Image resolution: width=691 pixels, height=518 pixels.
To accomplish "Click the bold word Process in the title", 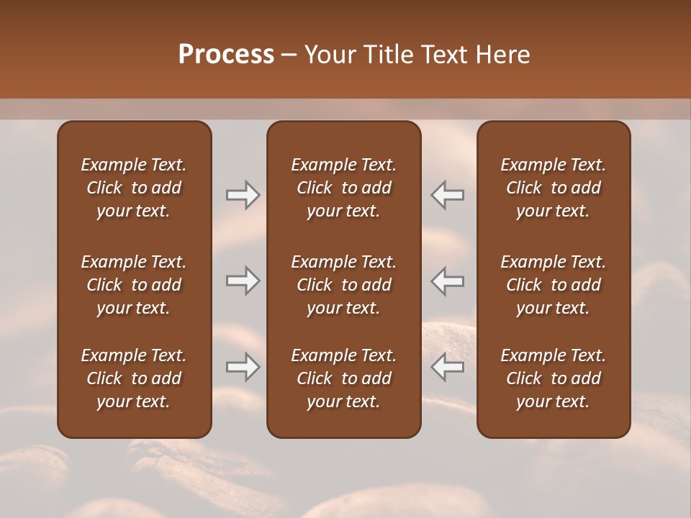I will (x=226, y=55).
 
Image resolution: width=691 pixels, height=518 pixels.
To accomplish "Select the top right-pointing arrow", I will (x=243, y=195).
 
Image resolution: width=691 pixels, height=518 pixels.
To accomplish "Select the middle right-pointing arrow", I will (x=243, y=281).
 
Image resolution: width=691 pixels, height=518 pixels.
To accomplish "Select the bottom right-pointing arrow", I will (x=243, y=368).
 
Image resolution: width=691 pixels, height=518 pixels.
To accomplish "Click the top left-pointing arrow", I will (x=448, y=195).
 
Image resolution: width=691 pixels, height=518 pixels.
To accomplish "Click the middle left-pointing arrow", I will (x=448, y=281).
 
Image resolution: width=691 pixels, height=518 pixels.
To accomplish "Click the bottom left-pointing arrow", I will (x=448, y=368).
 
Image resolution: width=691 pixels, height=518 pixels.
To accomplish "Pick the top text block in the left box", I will (x=134, y=188).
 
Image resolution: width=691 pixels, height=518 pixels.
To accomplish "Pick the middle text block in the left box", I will (x=134, y=285).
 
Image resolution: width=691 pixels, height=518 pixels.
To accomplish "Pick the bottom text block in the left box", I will (x=134, y=378).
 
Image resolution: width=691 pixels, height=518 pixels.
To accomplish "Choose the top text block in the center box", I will (x=344, y=188).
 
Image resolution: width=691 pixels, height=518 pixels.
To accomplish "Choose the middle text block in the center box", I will (x=344, y=285).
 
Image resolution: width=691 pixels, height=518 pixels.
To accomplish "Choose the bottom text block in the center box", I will (x=344, y=378).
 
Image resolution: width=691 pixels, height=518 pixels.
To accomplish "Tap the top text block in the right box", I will (x=554, y=188).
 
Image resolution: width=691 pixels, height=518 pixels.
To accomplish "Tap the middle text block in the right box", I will (x=554, y=285).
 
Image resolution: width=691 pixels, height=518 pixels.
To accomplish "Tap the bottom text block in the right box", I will (x=554, y=378).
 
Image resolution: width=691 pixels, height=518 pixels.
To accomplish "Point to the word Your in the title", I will (x=328, y=55).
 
